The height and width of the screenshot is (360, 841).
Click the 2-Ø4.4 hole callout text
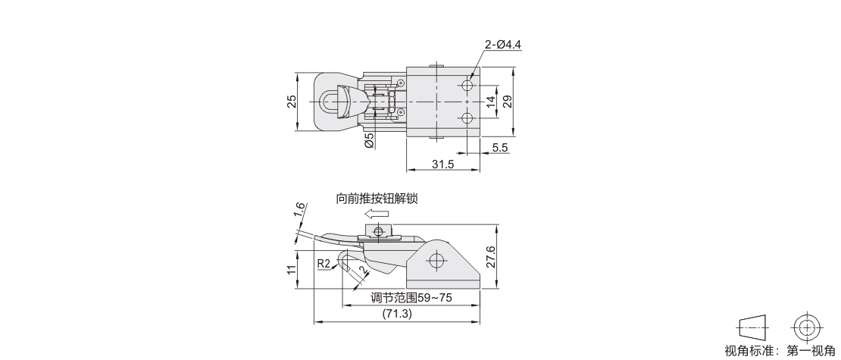pyautogui.click(x=502, y=45)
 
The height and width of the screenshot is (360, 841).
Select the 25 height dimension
pyautogui.click(x=291, y=102)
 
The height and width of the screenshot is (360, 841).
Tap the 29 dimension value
pyautogui.click(x=507, y=102)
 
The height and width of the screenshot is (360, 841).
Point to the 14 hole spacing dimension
pyautogui.click(x=490, y=102)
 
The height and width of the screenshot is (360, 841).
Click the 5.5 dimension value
pyautogui.click(x=499, y=148)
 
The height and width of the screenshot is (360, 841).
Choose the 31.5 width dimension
pyautogui.click(x=443, y=164)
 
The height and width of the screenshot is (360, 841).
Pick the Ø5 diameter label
pyautogui.click(x=369, y=140)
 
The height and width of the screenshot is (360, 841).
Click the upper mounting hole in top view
pyautogui.click(x=467, y=86)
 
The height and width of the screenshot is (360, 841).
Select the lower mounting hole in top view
pyautogui.click(x=467, y=118)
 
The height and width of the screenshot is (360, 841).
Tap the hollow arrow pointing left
pyautogui.click(x=377, y=214)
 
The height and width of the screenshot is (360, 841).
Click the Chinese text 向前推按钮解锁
pyautogui.click(x=377, y=199)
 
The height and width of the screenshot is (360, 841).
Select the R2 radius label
pyautogui.click(x=324, y=264)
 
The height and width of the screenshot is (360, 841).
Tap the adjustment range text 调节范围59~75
pyautogui.click(x=411, y=298)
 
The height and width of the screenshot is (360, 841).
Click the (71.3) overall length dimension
pyautogui.click(x=397, y=314)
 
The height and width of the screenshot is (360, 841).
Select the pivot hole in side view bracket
pyautogui.click(x=435, y=261)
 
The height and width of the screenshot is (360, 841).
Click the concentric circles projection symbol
pyautogui.click(x=807, y=327)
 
